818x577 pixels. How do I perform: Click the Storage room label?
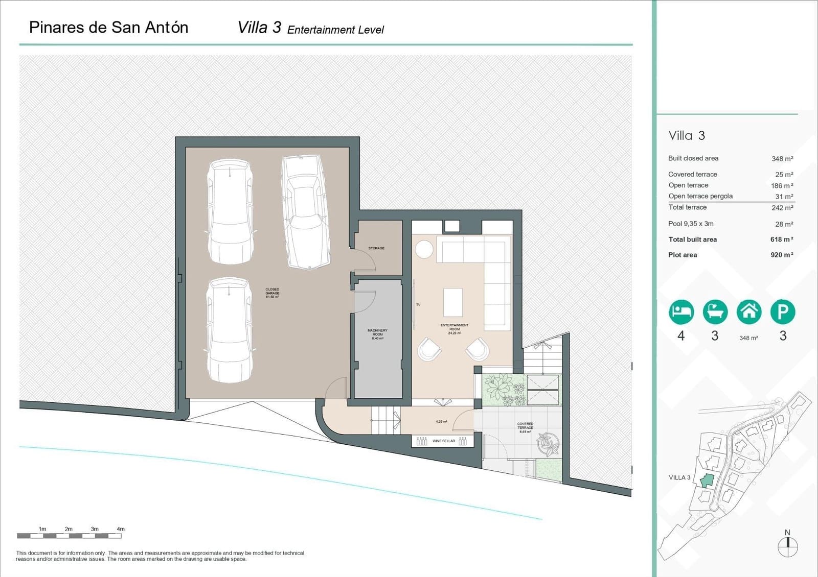click(x=376, y=248)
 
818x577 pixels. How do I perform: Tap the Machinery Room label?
click(x=377, y=334)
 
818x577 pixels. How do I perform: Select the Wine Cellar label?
click(x=443, y=441)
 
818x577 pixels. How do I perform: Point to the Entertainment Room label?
click(x=454, y=329)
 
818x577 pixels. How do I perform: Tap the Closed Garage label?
click(x=272, y=293)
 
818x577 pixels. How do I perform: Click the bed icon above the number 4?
click(x=681, y=311)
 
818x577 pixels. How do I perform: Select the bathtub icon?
click(x=715, y=311)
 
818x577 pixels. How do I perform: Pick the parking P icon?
click(x=782, y=311)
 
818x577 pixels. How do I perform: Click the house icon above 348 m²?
click(x=748, y=311)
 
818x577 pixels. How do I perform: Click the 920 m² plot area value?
click(x=782, y=255)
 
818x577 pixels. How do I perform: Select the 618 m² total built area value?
click(x=782, y=239)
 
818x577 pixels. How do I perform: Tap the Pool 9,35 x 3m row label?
click(x=691, y=224)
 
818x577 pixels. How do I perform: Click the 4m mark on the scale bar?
click(x=121, y=530)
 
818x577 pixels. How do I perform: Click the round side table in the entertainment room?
click(x=424, y=250)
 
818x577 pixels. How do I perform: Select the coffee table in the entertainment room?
click(x=453, y=302)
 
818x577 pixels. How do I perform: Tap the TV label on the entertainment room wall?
click(x=418, y=305)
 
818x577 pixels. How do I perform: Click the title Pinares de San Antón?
click(x=108, y=28)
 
